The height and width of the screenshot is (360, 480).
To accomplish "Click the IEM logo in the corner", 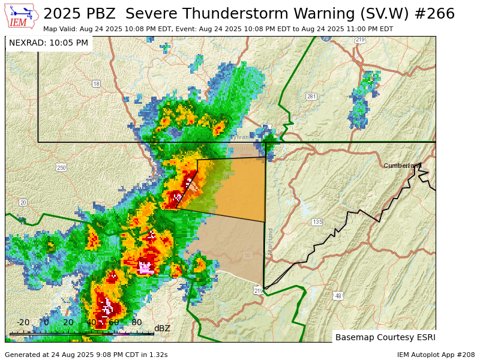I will point(22,16).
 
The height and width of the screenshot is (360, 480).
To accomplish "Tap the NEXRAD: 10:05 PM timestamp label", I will point(49,43).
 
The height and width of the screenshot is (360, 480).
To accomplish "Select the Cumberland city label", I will point(402,166).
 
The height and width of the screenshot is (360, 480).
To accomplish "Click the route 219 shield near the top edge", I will point(359,40).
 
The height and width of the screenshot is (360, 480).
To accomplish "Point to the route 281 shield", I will point(311,97).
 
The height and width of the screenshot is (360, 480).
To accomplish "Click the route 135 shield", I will point(317,222).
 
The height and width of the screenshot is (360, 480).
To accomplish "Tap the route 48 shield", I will point(338,296).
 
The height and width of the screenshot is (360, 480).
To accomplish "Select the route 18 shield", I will point(96,84).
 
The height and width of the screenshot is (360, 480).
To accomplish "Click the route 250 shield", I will point(61,167).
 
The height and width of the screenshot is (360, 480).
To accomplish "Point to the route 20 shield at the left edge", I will point(23,202).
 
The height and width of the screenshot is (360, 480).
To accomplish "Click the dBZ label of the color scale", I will point(162,328).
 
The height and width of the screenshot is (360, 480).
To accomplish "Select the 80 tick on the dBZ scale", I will point(137,323).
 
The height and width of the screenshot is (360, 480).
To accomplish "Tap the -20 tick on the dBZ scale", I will point(23,323).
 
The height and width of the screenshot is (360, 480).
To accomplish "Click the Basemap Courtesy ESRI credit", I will point(385,337).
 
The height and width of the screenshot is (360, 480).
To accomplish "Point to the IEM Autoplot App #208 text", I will point(436,355).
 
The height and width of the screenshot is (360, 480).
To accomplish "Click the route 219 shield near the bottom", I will point(258,290).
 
